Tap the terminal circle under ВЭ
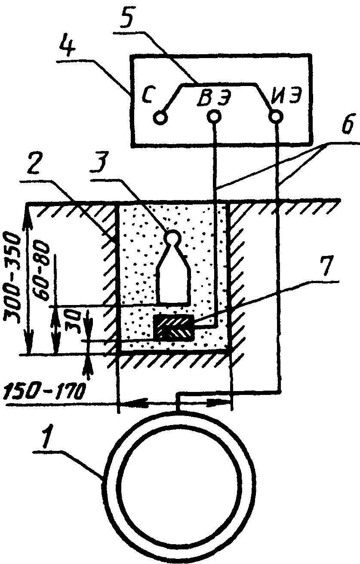click(x=214, y=115)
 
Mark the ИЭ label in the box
click(x=284, y=96)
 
